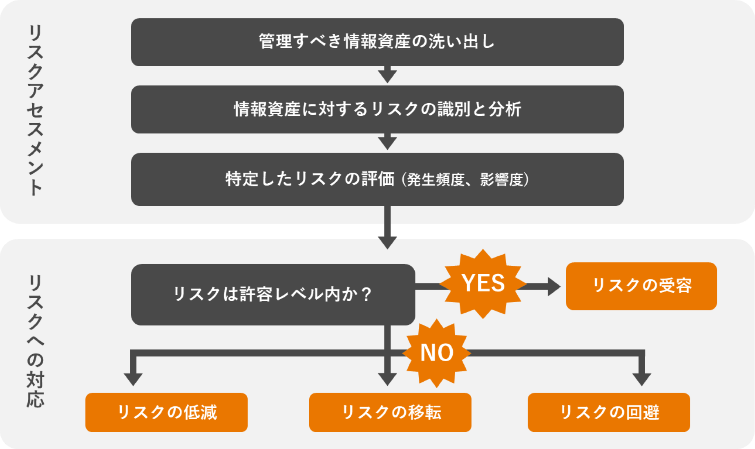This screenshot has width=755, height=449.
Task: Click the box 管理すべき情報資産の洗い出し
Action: [377, 42]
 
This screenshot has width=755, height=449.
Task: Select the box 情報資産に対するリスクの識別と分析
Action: [377, 109]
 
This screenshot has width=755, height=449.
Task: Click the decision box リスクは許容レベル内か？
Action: [273, 294]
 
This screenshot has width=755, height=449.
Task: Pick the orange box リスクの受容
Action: [641, 286]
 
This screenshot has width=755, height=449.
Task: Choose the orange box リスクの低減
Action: [166, 412]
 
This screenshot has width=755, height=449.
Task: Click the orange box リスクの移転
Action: [390, 412]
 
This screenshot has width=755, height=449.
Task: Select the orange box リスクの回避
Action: [609, 412]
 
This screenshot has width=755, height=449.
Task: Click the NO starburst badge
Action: [437, 353]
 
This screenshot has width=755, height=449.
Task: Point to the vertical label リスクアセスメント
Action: [36, 110]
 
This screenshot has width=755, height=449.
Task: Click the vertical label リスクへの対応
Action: [36, 341]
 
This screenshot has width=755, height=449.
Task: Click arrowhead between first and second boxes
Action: [387, 76]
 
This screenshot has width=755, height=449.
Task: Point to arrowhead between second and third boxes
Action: [387, 143]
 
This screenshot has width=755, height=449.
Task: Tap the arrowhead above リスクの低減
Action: [133, 379]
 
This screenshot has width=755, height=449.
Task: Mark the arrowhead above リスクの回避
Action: [641, 379]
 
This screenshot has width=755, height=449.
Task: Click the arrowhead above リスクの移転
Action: [387, 379]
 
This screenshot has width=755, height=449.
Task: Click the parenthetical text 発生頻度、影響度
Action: [465, 180]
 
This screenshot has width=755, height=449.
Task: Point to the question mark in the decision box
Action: [366, 294]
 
